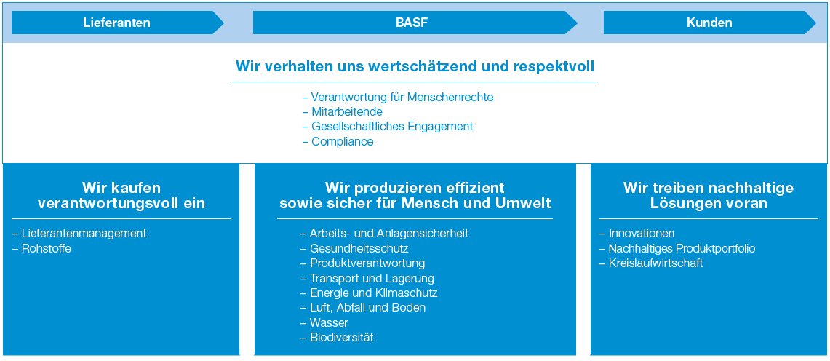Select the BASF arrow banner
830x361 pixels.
click(x=415, y=23)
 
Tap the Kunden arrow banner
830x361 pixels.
click(x=710, y=23)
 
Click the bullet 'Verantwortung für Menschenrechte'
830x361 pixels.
click(x=397, y=98)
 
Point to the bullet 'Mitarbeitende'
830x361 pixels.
click(x=342, y=112)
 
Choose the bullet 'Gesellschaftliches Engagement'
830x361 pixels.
click(x=388, y=127)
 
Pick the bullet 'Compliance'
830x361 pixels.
click(x=338, y=142)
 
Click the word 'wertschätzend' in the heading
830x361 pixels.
click(x=410, y=67)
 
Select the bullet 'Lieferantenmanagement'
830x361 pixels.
click(x=79, y=233)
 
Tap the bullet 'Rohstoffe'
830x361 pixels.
click(x=41, y=248)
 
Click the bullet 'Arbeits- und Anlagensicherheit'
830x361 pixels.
click(x=384, y=234)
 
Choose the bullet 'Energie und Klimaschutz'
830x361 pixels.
click(x=369, y=293)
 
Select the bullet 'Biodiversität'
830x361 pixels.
click(x=337, y=337)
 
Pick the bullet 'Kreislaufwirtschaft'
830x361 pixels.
click(x=651, y=263)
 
